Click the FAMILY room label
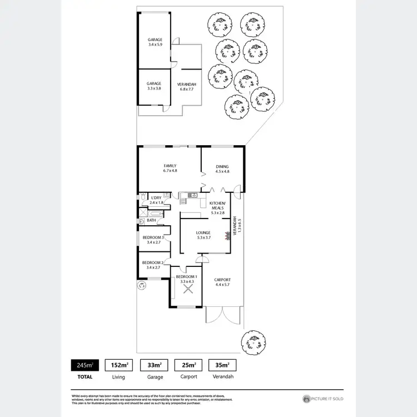click(x=170, y=166)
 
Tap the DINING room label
click(x=222, y=166)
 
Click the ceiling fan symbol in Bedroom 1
click(x=185, y=289)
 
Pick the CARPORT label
click(x=222, y=280)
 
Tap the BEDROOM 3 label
click(x=152, y=237)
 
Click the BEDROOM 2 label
click(x=152, y=262)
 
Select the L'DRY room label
click(x=156, y=197)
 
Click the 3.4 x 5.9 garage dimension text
click(x=155, y=44)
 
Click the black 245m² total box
click(x=85, y=365)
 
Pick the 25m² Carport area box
click(x=188, y=365)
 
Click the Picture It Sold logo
click(x=322, y=399)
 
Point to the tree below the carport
click(x=252, y=340)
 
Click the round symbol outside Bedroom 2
click(x=141, y=285)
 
